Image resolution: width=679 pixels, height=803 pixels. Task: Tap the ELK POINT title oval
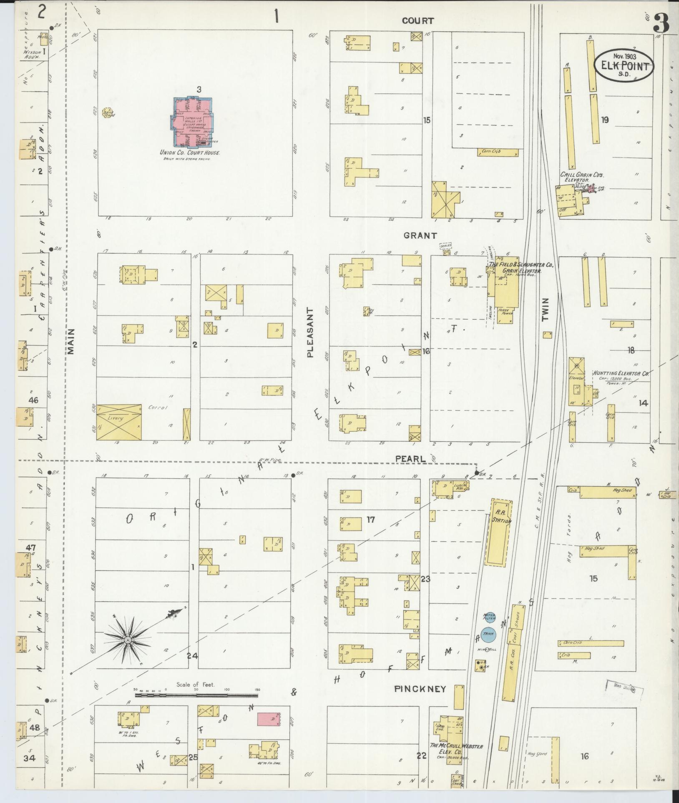(x=624, y=65)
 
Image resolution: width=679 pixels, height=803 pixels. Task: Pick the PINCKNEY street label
(x=420, y=689)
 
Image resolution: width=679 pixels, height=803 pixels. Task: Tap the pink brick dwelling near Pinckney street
(x=268, y=719)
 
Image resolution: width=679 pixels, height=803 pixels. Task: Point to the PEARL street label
(x=411, y=459)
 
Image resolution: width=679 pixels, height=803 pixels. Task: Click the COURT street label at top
(x=418, y=20)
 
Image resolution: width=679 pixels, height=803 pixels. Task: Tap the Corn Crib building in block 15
(x=498, y=153)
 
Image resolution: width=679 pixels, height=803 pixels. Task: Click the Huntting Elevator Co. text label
(x=621, y=374)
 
